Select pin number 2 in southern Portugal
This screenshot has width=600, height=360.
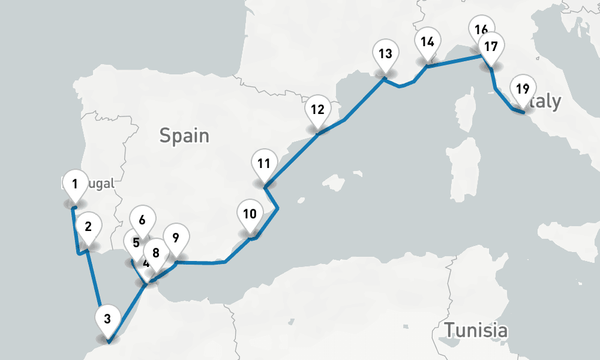click(x=88, y=227)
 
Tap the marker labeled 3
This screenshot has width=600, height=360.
click(x=107, y=319)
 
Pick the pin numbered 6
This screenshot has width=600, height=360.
click(x=142, y=220)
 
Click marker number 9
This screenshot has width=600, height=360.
click(x=175, y=238)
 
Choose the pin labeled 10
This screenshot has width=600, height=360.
click(x=250, y=214)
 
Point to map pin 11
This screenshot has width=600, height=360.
click(x=264, y=164)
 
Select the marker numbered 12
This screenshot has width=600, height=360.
click(x=317, y=110)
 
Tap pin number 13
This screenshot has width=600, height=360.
click(x=385, y=53)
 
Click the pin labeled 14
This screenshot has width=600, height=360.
click(x=427, y=43)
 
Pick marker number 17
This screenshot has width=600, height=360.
click(x=491, y=47)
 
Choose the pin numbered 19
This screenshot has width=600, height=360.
click(x=522, y=90)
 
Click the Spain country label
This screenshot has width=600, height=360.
click(x=184, y=136)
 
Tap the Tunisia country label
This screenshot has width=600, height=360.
click(x=476, y=329)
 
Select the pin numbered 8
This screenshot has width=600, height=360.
click(x=156, y=254)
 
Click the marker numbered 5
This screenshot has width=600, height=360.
click(x=135, y=243)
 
